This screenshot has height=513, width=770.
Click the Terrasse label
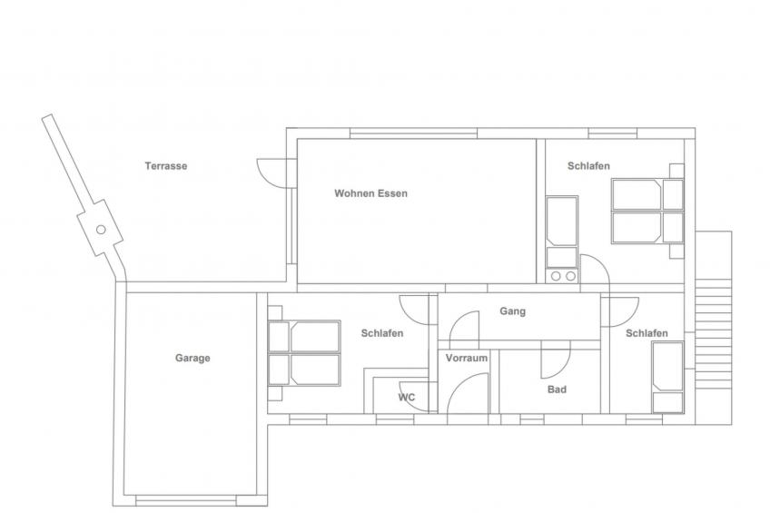click(x=166, y=166)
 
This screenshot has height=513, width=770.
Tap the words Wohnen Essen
click(x=370, y=193)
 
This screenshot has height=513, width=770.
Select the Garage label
click(x=192, y=359)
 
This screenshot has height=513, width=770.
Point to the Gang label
click(x=513, y=311)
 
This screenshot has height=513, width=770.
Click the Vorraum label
click(x=467, y=359)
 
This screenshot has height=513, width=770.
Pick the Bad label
click(x=557, y=390)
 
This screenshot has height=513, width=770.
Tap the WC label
click(x=406, y=397)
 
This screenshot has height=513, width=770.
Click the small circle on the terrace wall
click(x=101, y=229)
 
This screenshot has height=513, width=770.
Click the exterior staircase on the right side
click(x=714, y=328)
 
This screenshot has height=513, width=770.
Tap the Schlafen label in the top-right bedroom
click(x=588, y=166)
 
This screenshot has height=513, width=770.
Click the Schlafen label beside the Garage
click(x=382, y=333)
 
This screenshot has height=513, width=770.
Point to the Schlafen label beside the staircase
click(x=647, y=333)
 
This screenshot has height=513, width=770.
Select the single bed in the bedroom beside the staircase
click(x=667, y=378)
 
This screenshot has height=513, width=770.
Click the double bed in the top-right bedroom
click(x=647, y=212)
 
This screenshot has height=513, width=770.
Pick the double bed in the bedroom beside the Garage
click(x=304, y=353)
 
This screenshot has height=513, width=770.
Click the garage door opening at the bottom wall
click(x=186, y=500)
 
